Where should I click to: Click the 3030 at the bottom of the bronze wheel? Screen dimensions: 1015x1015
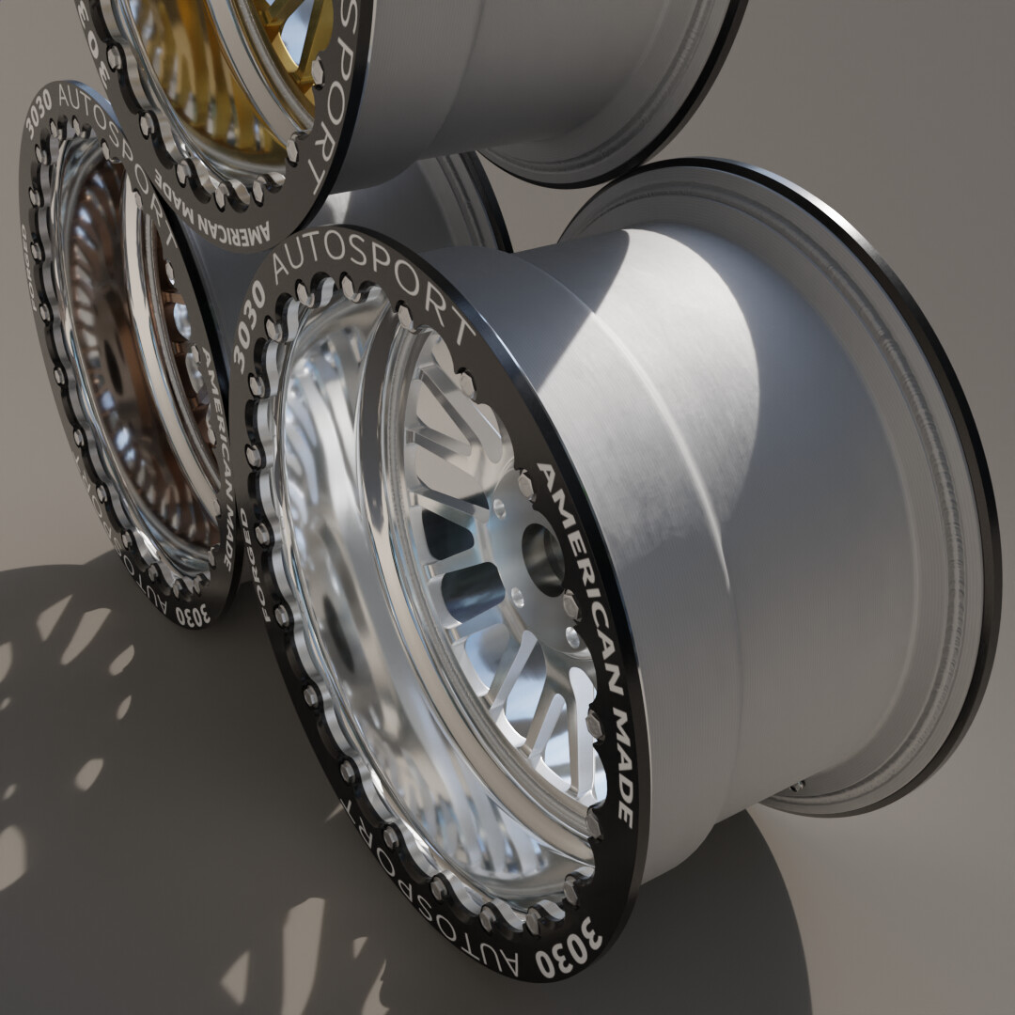(192, 616)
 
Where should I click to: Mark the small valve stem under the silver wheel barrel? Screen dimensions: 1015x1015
(796, 786)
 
